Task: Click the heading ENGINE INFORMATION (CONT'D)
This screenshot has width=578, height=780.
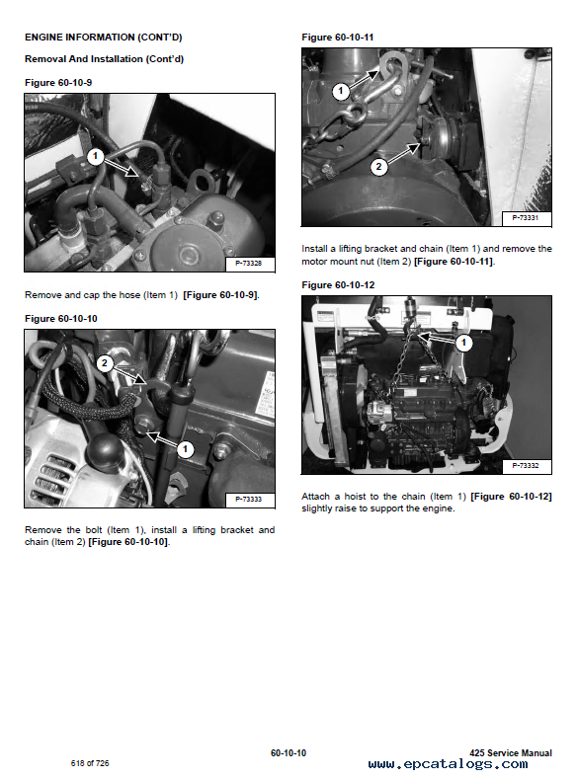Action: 104,38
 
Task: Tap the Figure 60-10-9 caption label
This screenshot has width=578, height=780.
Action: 58,83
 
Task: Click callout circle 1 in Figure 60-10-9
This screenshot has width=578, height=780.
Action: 95,157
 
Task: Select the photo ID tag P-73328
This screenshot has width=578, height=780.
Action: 248,264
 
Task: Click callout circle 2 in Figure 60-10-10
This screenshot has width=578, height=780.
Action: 104,363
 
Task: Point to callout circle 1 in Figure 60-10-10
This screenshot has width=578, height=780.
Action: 185,449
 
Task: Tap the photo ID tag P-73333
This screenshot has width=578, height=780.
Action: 248,499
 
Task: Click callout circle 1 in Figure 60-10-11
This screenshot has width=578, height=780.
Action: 341,91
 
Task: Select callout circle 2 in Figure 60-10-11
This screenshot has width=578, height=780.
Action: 378,167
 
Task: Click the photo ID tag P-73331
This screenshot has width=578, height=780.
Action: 526,218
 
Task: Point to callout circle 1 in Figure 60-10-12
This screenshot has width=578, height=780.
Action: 464,343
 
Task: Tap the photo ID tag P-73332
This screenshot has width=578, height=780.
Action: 526,466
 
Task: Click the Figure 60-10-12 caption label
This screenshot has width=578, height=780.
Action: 338,285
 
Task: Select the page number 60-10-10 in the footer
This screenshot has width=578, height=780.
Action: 289,753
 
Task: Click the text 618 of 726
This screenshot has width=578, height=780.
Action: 90,763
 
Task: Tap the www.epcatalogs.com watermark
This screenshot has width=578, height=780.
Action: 448,764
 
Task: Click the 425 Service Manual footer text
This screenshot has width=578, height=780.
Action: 510,753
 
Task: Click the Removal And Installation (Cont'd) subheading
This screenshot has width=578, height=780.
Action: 104,59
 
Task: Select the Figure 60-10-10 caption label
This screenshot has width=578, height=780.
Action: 61,319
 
